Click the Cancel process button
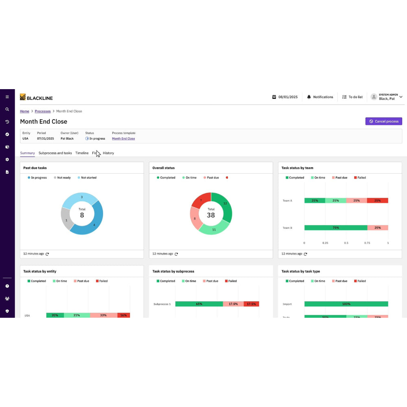coord(383,121)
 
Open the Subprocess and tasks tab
coord(55,153)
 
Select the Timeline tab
coord(82,153)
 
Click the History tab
coord(108,153)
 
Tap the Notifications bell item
coord(320,97)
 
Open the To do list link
coord(352,97)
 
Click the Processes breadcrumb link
coord(43,111)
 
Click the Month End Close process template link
coord(123,138)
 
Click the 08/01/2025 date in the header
coord(285,97)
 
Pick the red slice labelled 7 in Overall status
coord(201,200)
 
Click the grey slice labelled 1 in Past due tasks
coord(66,220)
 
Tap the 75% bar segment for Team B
coord(335,228)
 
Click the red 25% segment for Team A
coord(377,200)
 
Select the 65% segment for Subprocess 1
coord(199,304)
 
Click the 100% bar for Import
coord(346,304)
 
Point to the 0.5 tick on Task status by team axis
coord(346,243)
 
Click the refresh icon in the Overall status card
coord(176,254)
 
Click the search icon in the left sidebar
coord(7,109)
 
